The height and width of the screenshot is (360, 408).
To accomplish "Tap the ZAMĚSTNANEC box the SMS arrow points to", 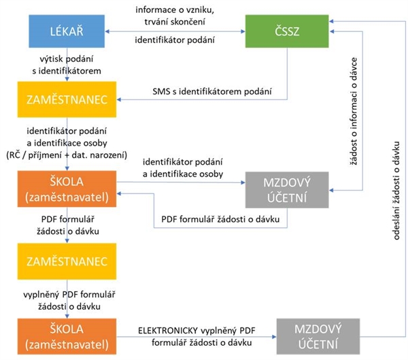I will point(66,100).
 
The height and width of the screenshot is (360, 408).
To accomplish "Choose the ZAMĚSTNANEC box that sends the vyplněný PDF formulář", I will point(66,261).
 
